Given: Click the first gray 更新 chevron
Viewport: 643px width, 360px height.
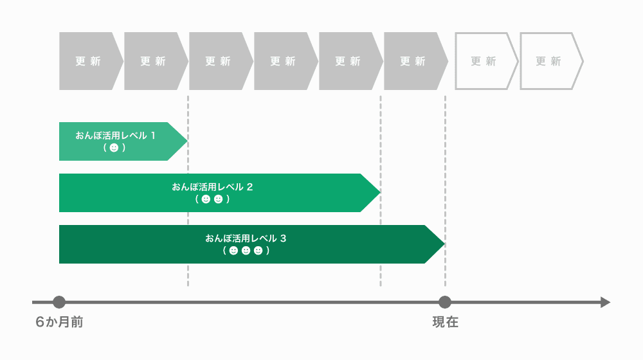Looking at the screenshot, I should tap(89, 61).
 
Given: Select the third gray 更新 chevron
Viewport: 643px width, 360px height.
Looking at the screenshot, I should tap(219, 61).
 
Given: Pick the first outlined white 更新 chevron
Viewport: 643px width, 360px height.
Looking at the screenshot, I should tap(484, 61).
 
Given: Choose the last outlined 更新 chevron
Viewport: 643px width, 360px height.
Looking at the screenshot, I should tap(548, 61).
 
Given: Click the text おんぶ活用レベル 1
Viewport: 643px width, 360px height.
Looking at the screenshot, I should tap(116, 135).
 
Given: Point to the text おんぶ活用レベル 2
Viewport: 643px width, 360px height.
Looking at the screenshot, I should tap(212, 186).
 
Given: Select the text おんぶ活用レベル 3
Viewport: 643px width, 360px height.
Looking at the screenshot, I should tap(246, 238).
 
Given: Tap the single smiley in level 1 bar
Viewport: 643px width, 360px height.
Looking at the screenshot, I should tap(114, 148).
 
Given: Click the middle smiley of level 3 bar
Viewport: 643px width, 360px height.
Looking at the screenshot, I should tap(246, 251).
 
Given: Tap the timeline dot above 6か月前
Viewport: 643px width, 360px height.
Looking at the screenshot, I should tap(59, 302).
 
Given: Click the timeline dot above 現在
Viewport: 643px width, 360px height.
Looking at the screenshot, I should tap(444, 302).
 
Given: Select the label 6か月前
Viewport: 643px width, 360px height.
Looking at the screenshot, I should tap(59, 322).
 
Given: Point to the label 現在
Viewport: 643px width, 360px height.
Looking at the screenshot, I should tap(445, 322).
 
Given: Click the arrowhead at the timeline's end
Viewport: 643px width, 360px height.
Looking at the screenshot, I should tap(605, 302).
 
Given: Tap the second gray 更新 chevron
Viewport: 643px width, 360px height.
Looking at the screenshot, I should tap(154, 61).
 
